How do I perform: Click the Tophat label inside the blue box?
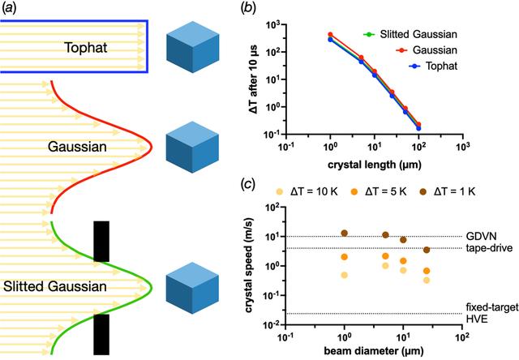86,48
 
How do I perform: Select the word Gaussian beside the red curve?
77,147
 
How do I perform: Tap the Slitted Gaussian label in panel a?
55,286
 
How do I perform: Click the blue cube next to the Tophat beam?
193,47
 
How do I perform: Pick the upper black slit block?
101,242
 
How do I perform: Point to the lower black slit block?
101,334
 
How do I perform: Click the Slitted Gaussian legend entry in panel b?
410,34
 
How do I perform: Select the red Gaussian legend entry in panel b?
427,50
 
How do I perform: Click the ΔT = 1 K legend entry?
451,191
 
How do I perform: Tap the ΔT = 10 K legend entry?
307,191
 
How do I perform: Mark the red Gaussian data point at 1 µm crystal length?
330,34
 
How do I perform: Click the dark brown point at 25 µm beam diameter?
427,250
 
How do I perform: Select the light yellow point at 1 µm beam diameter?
344,275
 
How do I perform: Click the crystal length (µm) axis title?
375,165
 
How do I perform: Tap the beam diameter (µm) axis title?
373,351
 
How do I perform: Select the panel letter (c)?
250,183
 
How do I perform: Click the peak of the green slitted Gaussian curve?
152,287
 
